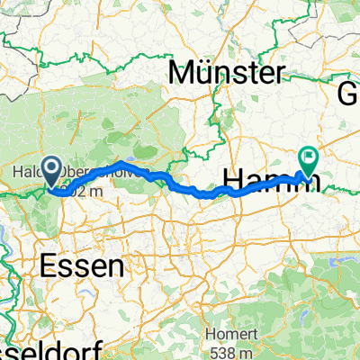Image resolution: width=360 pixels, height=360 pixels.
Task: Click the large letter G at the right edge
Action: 348,92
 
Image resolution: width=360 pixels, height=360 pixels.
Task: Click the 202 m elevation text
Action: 77,191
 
